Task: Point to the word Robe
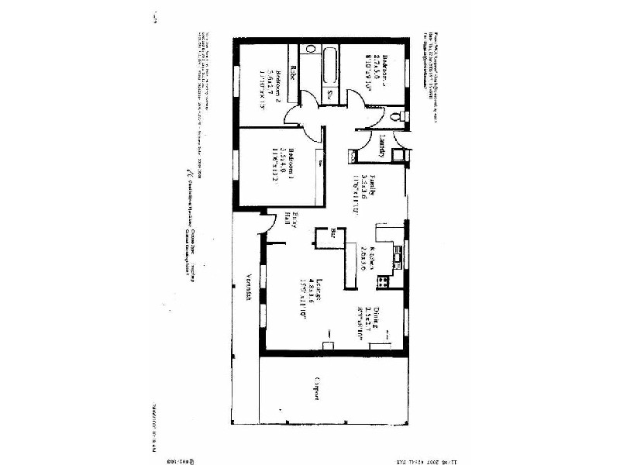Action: coord(294,74)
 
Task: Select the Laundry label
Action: coord(382,146)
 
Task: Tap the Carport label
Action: coord(317,388)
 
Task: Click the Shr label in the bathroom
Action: coord(329,94)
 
